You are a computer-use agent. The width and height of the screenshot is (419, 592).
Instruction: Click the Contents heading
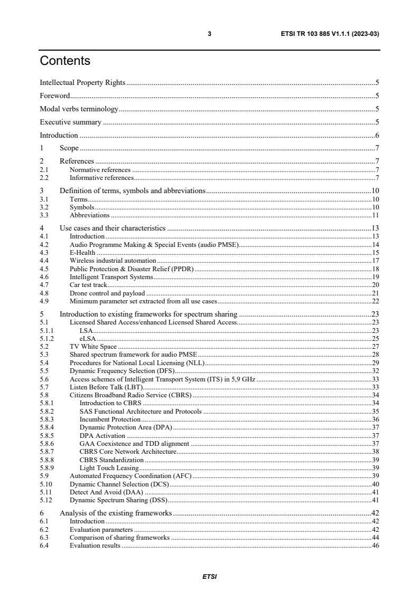pos(65,61)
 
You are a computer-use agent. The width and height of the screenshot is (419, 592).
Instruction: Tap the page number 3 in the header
pos(210,34)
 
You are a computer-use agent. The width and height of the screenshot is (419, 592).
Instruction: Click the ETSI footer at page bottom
pos(210,577)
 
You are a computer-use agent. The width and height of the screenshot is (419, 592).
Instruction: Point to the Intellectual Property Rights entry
pos(83,82)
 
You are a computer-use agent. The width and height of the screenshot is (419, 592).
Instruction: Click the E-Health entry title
pos(82,253)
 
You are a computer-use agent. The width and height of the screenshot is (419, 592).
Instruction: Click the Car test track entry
pos(88,284)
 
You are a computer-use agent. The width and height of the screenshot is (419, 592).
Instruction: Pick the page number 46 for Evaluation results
pos(376,546)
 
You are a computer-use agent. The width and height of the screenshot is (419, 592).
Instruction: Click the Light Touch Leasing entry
pos(109,467)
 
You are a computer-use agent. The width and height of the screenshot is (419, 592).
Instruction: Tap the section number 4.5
pos(44,269)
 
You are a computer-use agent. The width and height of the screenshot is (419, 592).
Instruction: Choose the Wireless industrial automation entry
pos(113,261)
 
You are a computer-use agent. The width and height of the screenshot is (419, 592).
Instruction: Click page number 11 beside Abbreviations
pos(376,215)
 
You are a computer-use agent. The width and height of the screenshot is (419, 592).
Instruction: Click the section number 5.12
pos(45,499)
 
